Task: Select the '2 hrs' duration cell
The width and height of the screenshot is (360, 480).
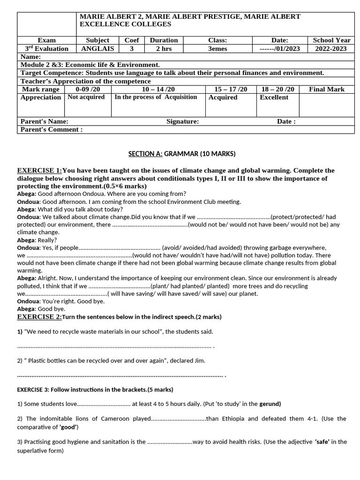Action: [x=164, y=48]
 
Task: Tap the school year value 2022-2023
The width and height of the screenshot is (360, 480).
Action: [x=331, y=48]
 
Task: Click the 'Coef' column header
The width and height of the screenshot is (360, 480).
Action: [x=131, y=40]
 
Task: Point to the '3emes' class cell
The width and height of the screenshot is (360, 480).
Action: [x=217, y=48]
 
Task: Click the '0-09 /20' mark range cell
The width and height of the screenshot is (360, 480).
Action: [x=88, y=89]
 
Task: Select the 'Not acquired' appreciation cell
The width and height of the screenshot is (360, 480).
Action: [x=86, y=97]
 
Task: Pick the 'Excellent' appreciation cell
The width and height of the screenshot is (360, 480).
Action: [x=274, y=97]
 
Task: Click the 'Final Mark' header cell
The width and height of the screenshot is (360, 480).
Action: [x=327, y=89]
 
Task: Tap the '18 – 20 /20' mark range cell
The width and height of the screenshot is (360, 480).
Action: [x=278, y=89]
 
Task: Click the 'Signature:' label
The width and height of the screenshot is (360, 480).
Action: [x=182, y=121]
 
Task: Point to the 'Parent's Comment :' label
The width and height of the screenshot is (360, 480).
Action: [x=52, y=129]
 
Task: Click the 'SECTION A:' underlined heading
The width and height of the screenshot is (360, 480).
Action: [x=145, y=154]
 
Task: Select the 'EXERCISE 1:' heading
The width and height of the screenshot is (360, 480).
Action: [x=39, y=170]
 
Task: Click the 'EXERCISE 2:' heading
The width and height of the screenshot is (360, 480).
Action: [x=39, y=317]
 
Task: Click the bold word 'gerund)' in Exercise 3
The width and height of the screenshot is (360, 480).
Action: [x=270, y=404]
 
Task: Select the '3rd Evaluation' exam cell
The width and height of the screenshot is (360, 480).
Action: [x=46, y=48]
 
